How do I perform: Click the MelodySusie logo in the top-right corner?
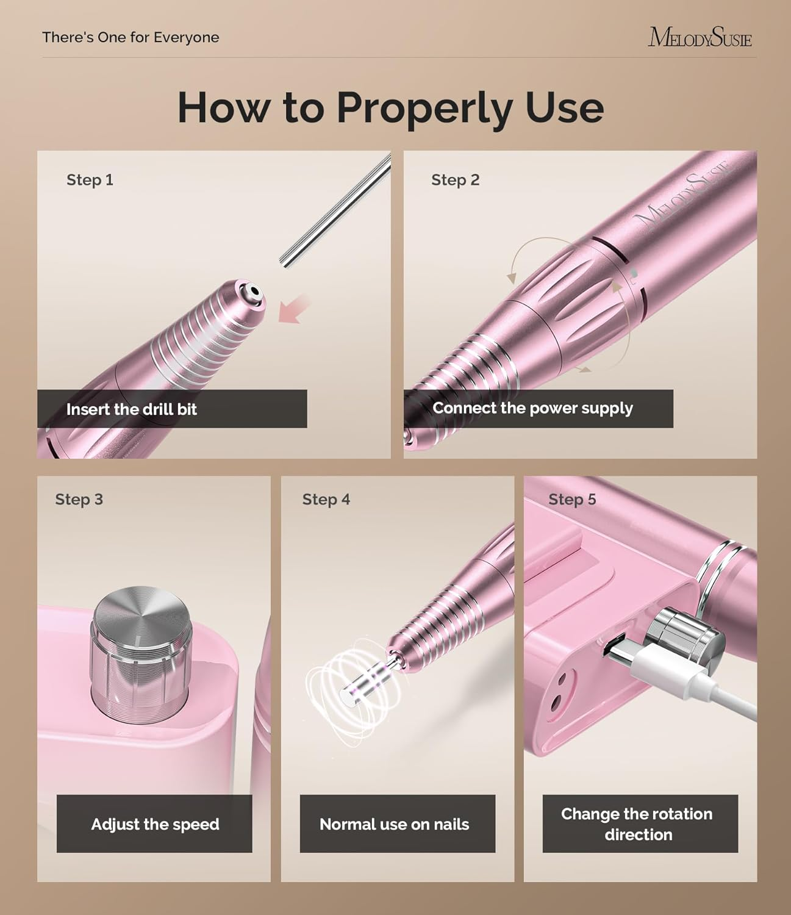tap(700, 37)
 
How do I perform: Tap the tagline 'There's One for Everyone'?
tap(131, 37)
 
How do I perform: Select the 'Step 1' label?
tap(90, 180)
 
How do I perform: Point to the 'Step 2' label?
tap(455, 180)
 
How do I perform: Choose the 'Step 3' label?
tap(79, 500)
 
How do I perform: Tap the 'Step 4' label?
tap(326, 500)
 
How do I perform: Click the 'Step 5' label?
tap(571, 500)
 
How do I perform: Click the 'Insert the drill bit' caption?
tap(131, 409)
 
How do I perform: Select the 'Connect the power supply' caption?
tap(532, 408)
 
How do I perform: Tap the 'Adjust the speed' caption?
tap(155, 824)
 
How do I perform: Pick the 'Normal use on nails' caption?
tap(394, 824)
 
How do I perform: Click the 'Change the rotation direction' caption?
tap(637, 824)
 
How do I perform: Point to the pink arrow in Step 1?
tap(295, 309)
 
